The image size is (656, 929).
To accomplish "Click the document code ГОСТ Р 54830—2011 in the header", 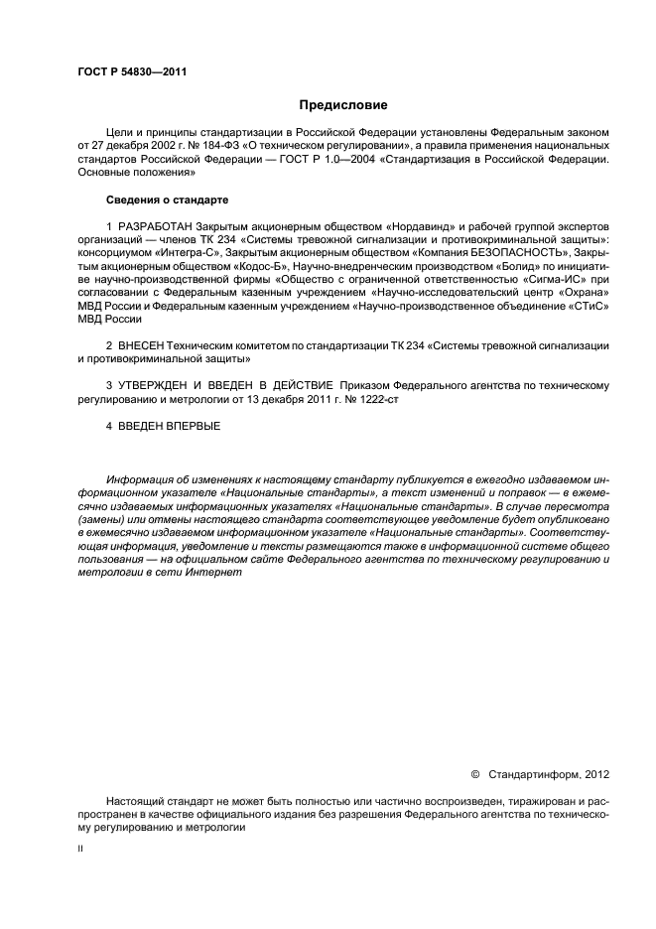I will pos(131,72).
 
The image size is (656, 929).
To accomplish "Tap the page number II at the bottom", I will pos(81,850).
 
